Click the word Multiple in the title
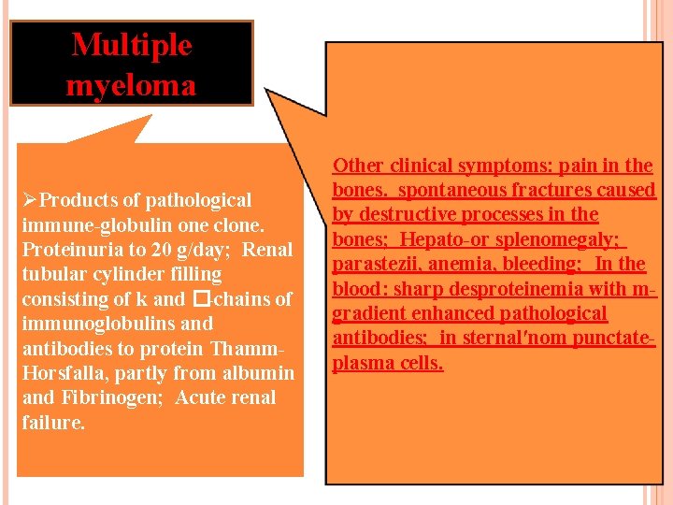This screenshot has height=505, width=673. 132,45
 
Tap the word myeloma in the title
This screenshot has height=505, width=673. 132,85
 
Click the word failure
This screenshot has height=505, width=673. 53,423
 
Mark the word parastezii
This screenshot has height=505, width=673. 378,265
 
